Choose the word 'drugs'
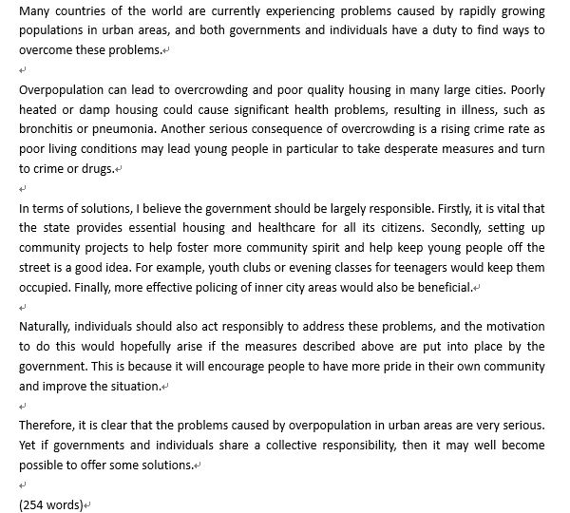(x=94, y=168)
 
